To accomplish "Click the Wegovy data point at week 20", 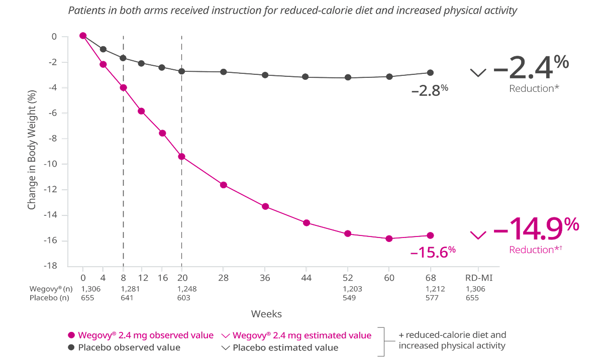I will tap(182, 157).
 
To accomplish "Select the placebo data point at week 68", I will tap(430, 73).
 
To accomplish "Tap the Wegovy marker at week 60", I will tap(389, 238).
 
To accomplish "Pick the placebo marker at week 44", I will tap(307, 77).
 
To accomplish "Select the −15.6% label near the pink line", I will tap(433, 253).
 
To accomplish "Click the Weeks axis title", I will tap(267, 314).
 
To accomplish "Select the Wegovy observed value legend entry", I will tap(141, 335).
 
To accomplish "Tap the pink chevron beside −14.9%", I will tap(478, 234).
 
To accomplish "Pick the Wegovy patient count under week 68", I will tap(430, 289).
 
